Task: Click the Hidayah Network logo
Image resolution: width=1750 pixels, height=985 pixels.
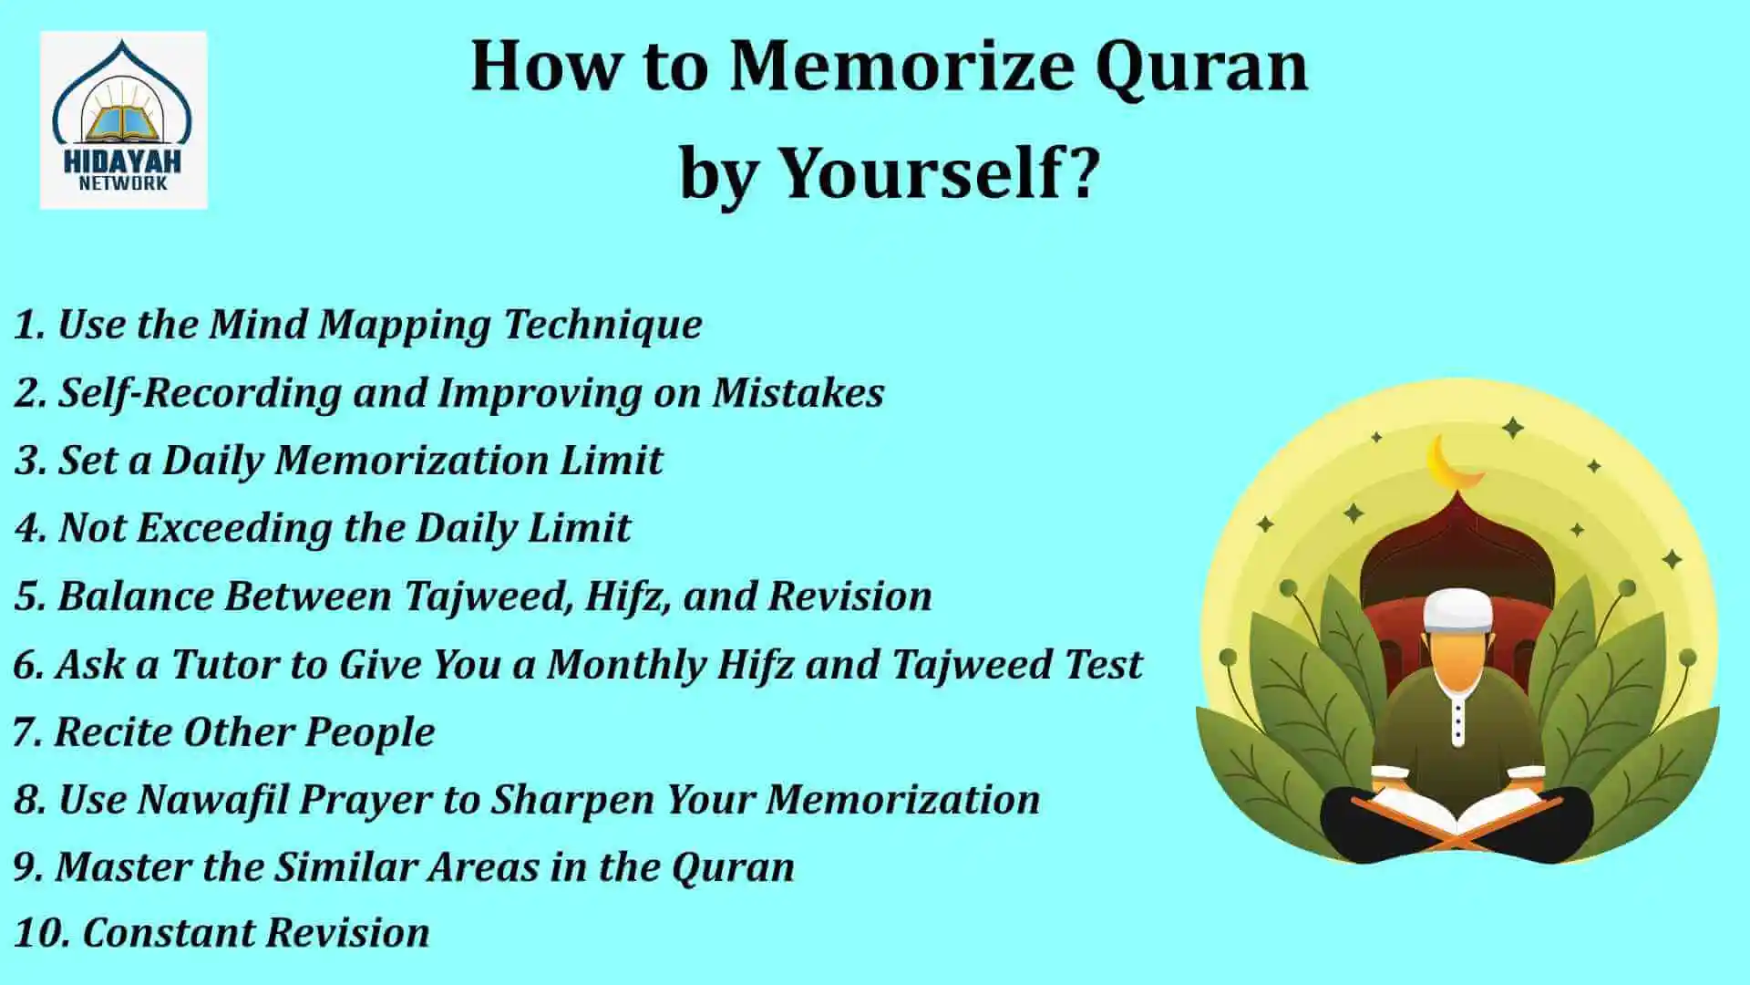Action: coord(123,119)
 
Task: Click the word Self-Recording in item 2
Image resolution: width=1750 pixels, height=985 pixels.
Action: coord(200,393)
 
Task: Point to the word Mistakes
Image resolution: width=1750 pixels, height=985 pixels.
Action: coord(798,392)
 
